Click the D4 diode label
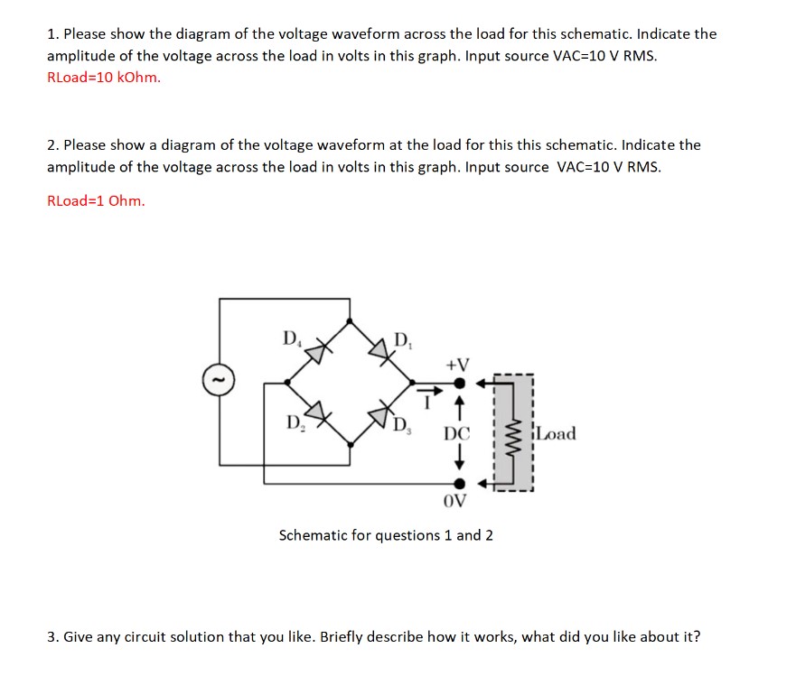tap(289, 339)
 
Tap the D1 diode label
tap(402, 340)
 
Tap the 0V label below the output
tap(457, 501)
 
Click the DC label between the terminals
tap(457, 434)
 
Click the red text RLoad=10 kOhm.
tap(104, 77)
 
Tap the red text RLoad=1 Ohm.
tap(95, 200)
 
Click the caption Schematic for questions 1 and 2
tap(386, 535)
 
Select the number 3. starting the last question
tap(52, 636)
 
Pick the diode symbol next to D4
tap(318, 348)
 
